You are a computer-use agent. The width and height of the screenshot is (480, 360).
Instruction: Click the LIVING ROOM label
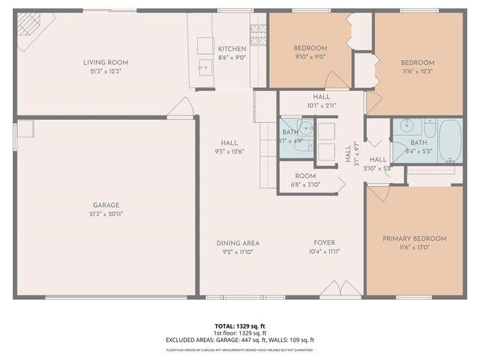tap(106, 62)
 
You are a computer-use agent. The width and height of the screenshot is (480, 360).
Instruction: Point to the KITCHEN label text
tap(232, 48)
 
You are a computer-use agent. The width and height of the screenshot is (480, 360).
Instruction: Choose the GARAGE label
tap(106, 205)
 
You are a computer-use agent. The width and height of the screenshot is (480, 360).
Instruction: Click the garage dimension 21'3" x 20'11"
tap(106, 214)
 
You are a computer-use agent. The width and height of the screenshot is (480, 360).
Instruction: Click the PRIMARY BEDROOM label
tap(414, 238)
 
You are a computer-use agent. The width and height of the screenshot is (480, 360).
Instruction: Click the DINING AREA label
tap(238, 243)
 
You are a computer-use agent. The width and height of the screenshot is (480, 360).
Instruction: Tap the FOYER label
tap(324, 243)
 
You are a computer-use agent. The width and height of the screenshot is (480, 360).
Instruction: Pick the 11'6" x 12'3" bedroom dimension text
tap(417, 71)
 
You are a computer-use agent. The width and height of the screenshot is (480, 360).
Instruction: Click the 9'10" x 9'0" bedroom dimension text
tap(310, 56)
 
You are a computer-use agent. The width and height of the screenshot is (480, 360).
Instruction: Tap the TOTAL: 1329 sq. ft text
tap(239, 326)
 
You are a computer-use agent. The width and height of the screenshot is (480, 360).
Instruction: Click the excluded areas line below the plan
tap(239, 340)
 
